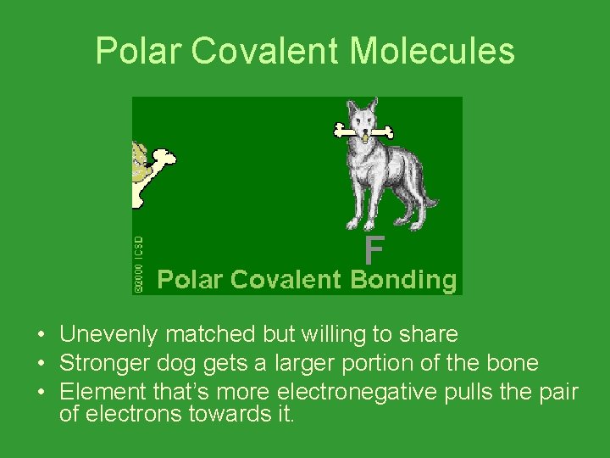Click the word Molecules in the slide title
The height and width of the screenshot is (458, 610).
click(x=431, y=51)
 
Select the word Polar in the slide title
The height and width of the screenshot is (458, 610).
click(x=139, y=51)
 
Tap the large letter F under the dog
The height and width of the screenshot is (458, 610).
click(x=374, y=251)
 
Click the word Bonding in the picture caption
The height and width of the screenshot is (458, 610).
click(x=402, y=280)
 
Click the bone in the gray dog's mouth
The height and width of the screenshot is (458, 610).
click(x=363, y=131)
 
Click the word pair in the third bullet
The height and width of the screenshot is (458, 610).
click(x=557, y=393)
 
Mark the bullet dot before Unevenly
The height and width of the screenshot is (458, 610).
click(x=41, y=335)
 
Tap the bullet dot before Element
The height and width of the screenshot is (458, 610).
click(x=41, y=393)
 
